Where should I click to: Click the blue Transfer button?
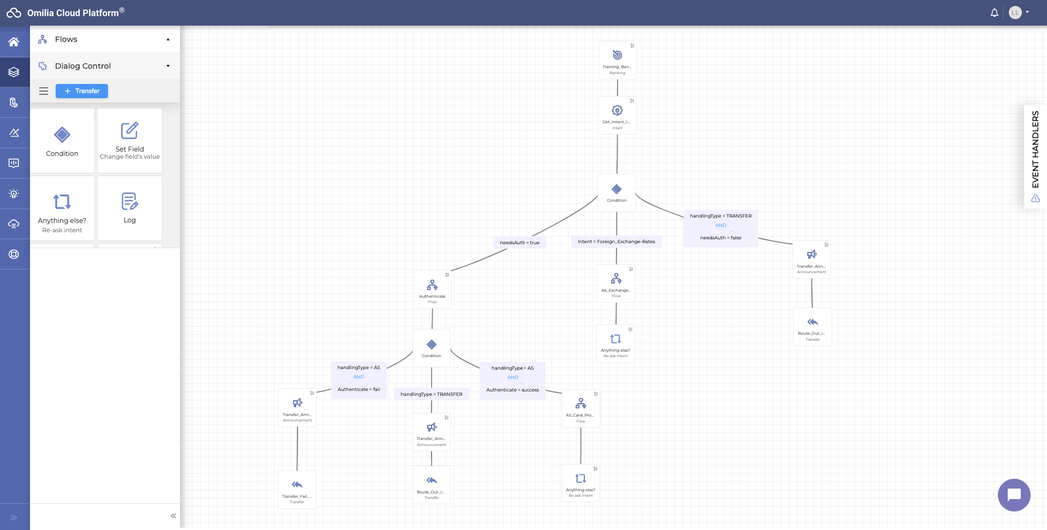82,91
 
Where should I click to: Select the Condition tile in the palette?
62,141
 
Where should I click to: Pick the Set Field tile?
129,141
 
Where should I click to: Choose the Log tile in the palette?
129,208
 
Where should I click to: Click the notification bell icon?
994,13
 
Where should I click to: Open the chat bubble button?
1014,495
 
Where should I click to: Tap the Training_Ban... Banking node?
617,60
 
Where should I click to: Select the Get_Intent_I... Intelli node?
617,115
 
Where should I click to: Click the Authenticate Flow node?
432,290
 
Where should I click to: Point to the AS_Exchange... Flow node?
616,284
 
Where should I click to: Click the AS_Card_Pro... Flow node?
581,408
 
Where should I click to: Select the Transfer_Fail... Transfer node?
297,489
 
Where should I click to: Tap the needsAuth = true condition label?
519,243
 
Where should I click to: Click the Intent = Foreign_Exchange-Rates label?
616,242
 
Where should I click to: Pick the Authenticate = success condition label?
512,390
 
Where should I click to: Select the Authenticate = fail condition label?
358,389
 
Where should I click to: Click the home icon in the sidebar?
14,42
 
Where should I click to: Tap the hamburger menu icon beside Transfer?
44,91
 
